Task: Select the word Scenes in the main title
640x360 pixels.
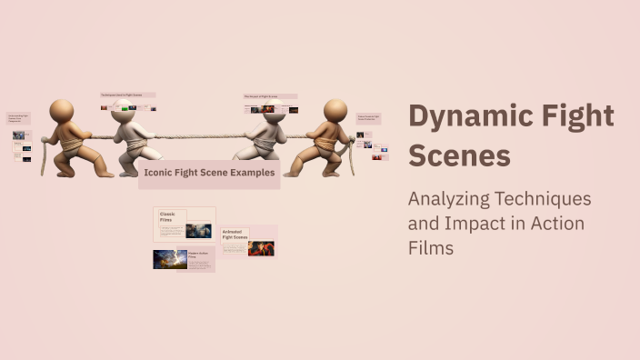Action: (459, 155)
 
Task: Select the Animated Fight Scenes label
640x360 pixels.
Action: (235, 235)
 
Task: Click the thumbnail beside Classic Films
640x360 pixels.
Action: (198, 231)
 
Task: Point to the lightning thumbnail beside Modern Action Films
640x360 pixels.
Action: (170, 259)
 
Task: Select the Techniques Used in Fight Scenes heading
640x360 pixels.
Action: (127, 95)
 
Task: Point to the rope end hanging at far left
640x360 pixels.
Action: (43, 160)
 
